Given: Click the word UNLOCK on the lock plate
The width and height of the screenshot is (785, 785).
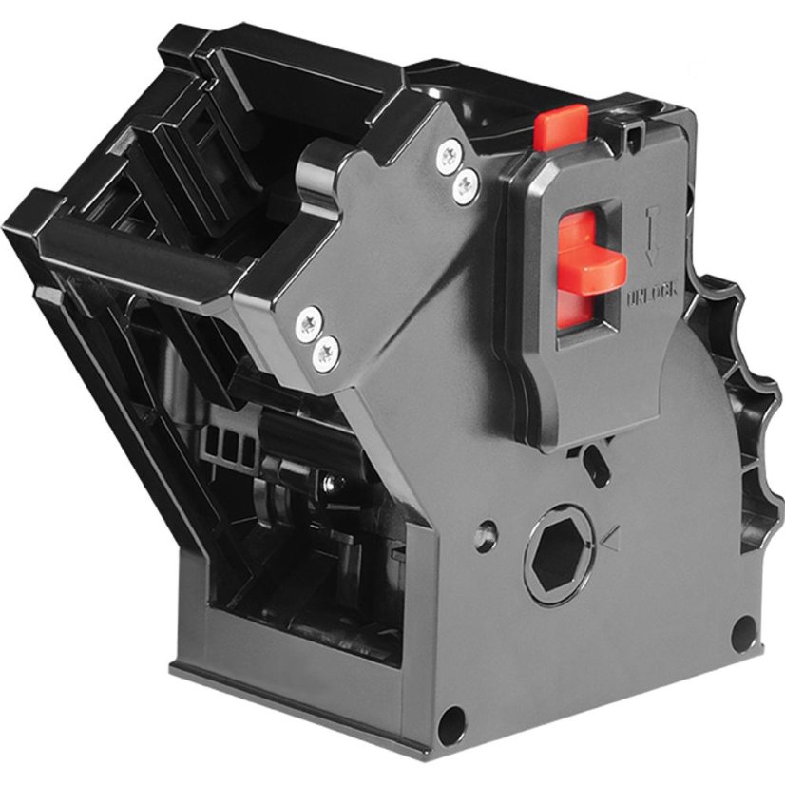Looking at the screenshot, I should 651,297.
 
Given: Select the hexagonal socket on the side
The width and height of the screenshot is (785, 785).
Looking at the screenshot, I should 556,559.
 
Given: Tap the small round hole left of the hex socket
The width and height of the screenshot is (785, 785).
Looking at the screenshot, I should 487,531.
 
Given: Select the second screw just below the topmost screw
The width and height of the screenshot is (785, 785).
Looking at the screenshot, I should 464,184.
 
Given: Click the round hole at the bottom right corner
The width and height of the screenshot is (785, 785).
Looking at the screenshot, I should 743,633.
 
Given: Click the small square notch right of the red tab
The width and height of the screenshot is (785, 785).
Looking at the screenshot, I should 629,137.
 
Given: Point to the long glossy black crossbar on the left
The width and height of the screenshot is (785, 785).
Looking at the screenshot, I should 143,252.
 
